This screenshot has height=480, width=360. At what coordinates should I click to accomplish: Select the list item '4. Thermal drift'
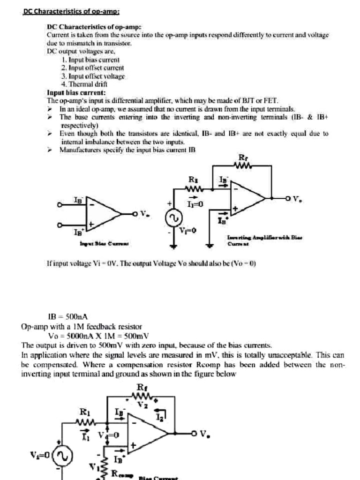[84, 84]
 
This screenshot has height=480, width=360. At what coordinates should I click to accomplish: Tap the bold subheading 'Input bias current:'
[76, 92]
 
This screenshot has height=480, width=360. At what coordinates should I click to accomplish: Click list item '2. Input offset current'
[92, 68]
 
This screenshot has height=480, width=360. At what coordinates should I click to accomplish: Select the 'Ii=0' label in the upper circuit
[195, 204]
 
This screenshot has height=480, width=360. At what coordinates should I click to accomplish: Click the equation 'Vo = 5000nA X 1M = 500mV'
[98, 336]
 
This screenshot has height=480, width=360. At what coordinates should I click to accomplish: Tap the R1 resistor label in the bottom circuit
[84, 412]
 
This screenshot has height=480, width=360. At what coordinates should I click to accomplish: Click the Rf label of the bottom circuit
[141, 387]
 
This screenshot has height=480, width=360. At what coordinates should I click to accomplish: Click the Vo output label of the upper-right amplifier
[297, 199]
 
